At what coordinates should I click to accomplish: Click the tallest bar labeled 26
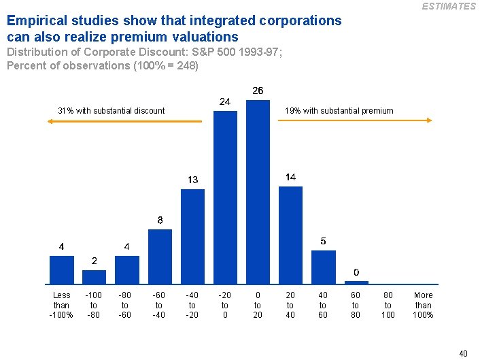point(258,191)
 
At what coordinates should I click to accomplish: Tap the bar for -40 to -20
point(192,235)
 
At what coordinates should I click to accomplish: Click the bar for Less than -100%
point(62,269)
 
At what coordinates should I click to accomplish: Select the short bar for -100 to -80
point(95,276)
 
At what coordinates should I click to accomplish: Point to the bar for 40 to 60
point(323,266)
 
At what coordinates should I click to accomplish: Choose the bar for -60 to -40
point(160,256)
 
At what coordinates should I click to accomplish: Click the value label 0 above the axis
point(356,272)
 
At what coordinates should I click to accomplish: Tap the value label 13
point(192,180)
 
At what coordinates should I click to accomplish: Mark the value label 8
point(160,220)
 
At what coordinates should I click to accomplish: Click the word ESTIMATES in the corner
point(449,6)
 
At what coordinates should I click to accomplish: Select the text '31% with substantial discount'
point(111,111)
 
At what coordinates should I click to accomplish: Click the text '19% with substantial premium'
point(339,111)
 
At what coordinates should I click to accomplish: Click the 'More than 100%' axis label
point(423,305)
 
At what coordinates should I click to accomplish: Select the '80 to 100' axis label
point(388,305)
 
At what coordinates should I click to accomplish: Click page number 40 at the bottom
point(463,353)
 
